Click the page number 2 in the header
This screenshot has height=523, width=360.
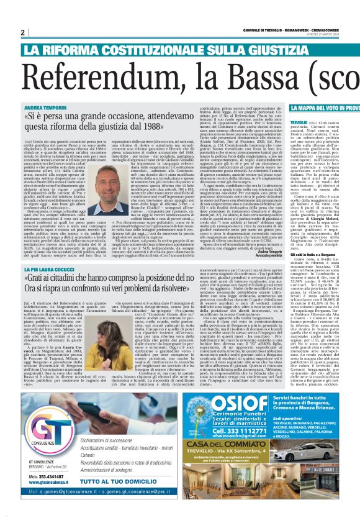click(22, 33)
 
